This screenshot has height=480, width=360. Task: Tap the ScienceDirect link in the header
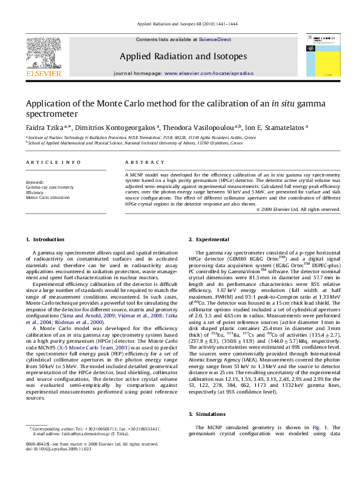click(216, 39)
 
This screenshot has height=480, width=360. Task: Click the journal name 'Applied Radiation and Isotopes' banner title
click(183, 56)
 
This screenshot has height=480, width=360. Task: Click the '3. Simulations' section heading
click(208, 414)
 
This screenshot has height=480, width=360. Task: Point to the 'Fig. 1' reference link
click(319, 428)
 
